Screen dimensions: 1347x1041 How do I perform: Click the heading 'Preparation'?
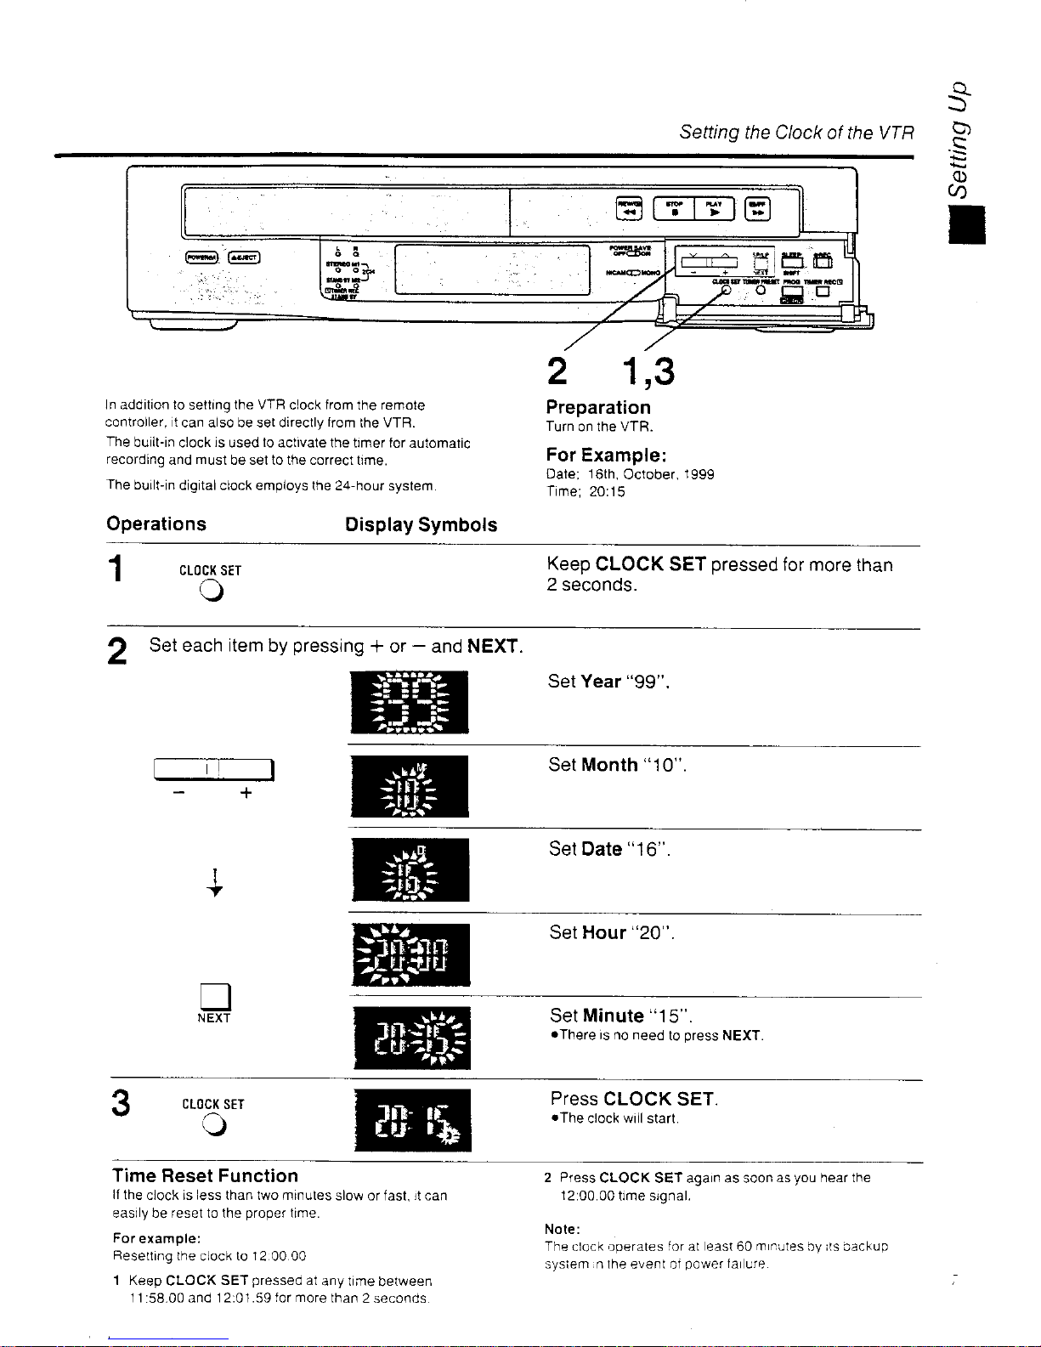coord(597,408)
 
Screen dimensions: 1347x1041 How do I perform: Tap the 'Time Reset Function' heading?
coord(205,1176)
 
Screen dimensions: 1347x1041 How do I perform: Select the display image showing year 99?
coord(409,702)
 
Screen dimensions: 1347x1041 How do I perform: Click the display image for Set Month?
coord(409,786)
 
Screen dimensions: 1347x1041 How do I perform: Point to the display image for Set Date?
coord(410,869)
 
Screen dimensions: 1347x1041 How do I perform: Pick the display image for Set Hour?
coord(410,954)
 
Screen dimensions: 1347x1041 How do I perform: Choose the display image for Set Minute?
coord(411,1038)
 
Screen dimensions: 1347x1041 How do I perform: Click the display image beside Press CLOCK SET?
coord(411,1120)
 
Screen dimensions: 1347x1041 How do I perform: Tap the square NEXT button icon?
coord(212,994)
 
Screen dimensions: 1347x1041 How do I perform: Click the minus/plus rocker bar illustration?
coord(213,770)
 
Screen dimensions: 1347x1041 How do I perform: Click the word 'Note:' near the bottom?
coord(562,1230)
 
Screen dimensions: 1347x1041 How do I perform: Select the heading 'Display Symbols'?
coord(421,525)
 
